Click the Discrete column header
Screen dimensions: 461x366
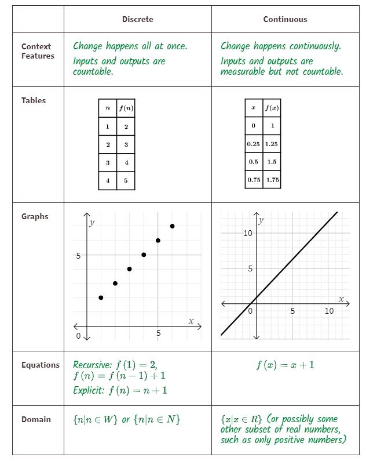[x=137, y=19]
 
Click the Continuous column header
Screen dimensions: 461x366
[x=285, y=19]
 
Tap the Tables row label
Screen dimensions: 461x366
[x=34, y=100]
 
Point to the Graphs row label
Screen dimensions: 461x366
[x=35, y=217]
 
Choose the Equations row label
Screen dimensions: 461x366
[x=41, y=365]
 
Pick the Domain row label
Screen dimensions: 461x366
[x=36, y=419]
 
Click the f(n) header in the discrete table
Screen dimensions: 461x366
[x=126, y=108]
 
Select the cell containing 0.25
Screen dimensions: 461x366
[x=253, y=144]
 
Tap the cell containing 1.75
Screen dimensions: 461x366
[x=272, y=180]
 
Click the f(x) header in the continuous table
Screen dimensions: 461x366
[x=272, y=108]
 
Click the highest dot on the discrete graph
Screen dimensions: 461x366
[x=172, y=226]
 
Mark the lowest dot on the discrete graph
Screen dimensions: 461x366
[x=101, y=297]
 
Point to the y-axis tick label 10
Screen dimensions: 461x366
[x=247, y=233]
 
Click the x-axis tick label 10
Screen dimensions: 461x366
[x=329, y=311]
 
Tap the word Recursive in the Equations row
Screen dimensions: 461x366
[x=91, y=365]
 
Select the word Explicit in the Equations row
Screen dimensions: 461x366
[x=89, y=391]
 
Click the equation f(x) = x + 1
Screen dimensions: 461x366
[x=285, y=365]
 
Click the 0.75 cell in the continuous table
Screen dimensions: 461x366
[x=253, y=180]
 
